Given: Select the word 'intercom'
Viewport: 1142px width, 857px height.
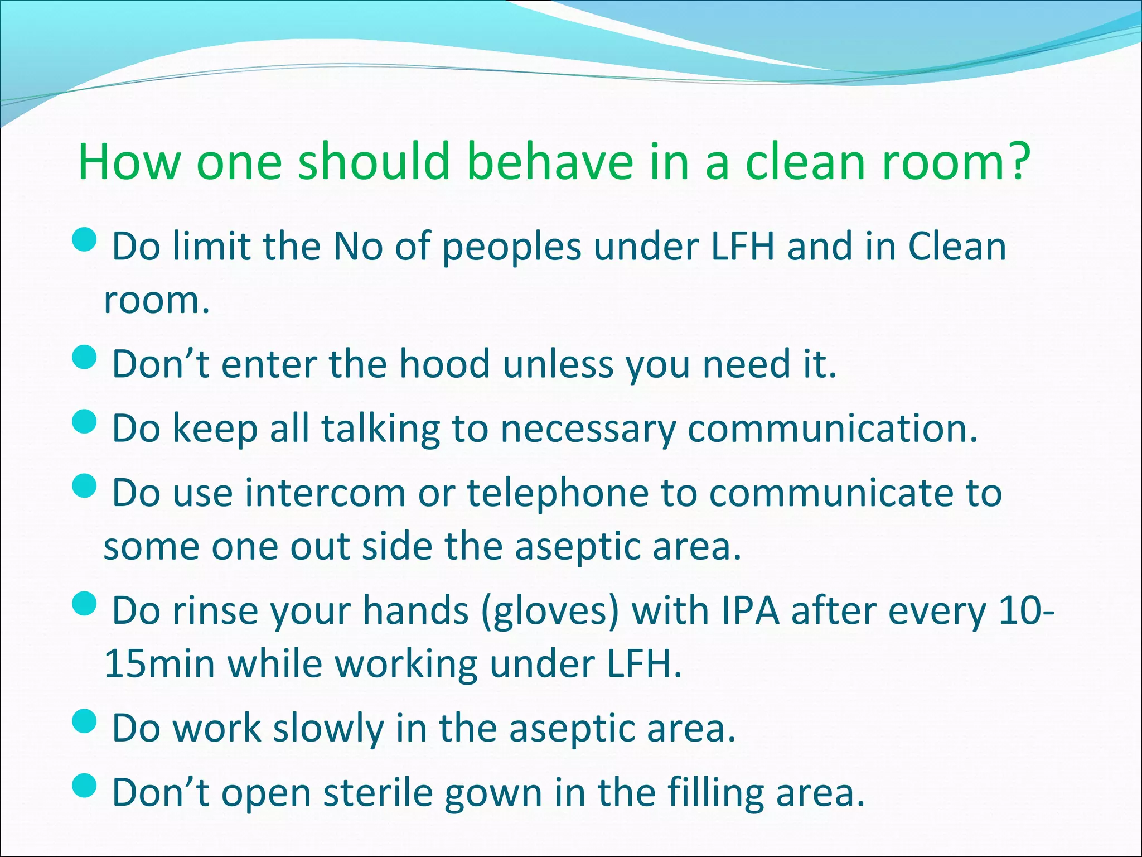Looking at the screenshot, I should click(x=325, y=493).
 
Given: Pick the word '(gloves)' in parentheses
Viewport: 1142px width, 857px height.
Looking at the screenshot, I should click(x=550, y=612).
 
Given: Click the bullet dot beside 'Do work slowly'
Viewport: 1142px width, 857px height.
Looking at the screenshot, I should click(x=85, y=721).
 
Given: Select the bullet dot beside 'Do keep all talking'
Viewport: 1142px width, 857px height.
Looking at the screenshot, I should click(x=85, y=422).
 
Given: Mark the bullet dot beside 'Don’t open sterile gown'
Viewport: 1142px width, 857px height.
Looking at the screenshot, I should click(x=85, y=786).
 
